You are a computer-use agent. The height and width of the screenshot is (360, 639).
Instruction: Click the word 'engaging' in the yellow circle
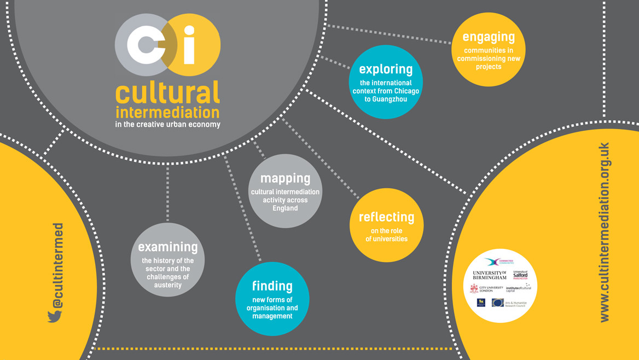coord(489,37)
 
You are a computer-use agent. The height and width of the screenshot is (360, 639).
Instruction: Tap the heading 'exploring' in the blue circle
coord(386,69)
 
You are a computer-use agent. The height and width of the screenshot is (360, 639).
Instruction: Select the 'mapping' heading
coord(285,178)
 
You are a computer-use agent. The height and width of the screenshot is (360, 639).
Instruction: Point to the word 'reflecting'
coord(386,217)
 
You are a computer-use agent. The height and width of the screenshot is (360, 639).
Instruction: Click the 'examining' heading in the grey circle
coord(167,247)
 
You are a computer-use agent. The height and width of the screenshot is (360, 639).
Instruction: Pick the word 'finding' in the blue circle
coord(272,286)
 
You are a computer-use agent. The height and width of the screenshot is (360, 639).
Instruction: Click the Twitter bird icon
coord(55,316)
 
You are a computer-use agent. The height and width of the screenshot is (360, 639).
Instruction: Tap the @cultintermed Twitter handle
coord(57,265)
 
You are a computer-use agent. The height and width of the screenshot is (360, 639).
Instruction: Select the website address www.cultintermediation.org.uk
coord(604,232)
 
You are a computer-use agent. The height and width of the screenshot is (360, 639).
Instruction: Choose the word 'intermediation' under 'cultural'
coord(167,113)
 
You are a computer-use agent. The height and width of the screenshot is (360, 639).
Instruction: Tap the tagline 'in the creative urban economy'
coord(167,125)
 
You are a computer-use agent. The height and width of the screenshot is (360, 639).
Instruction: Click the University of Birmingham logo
coord(489,275)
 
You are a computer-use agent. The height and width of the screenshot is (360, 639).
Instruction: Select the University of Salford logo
coord(520,275)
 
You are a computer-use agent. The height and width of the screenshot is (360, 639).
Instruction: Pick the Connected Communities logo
coord(499,262)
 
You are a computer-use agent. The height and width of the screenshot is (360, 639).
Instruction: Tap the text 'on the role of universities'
coord(386,235)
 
